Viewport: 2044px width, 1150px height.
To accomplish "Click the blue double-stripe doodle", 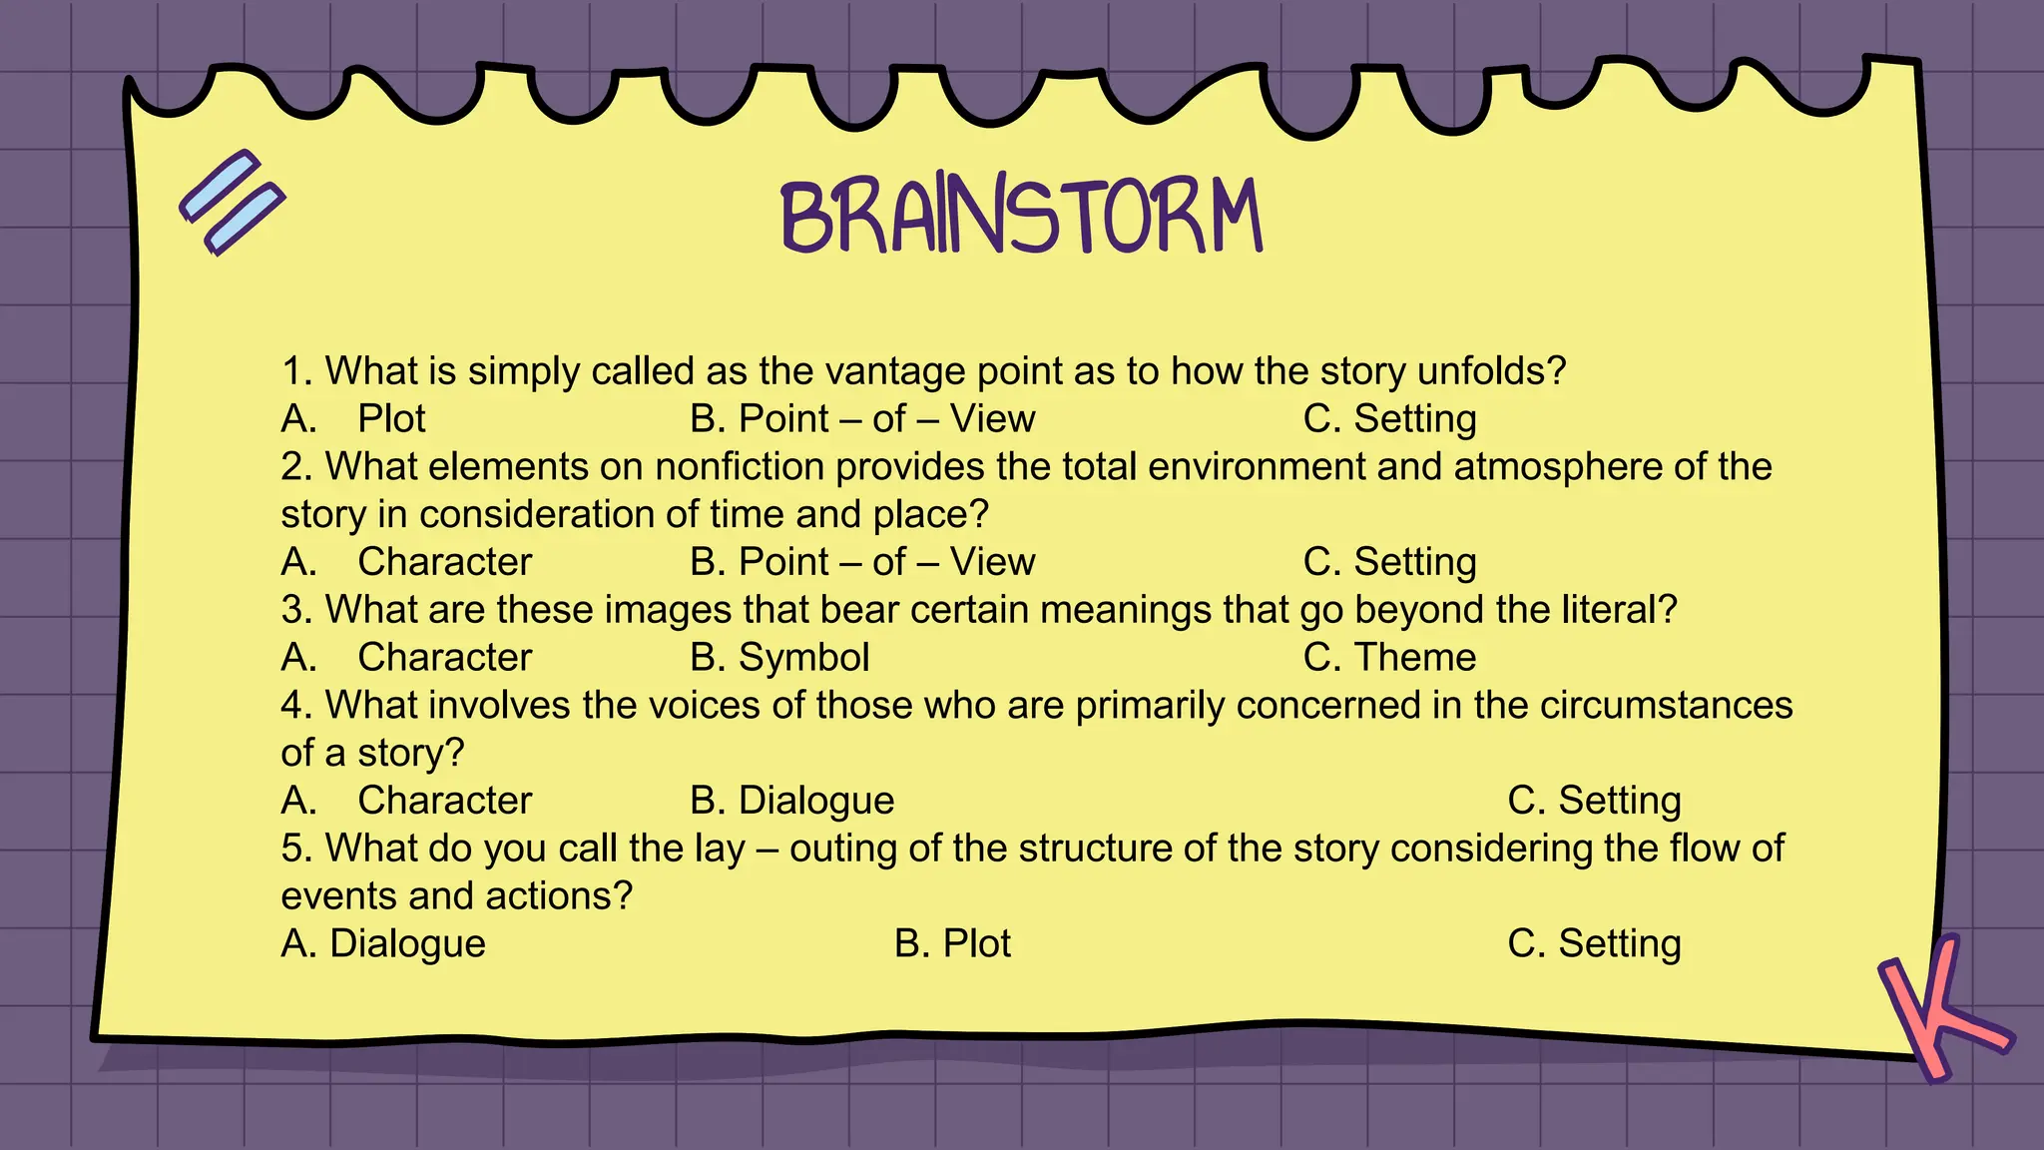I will [233, 203].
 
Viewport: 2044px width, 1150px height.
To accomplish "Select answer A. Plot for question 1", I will [353, 419].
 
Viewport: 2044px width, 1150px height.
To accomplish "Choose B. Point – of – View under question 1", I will [862, 419].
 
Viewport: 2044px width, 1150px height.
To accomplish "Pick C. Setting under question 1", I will [1389, 419].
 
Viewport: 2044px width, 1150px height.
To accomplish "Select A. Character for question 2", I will [406, 562].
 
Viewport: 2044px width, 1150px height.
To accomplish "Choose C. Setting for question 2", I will [1389, 562].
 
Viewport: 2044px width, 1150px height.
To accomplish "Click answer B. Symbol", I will [779, 658].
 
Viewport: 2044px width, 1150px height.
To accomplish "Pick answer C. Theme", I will [1389, 658].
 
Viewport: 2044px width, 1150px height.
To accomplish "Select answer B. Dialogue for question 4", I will [791, 801].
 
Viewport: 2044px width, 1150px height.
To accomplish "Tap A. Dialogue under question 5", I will [383, 943].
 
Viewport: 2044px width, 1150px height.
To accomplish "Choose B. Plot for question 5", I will [952, 943].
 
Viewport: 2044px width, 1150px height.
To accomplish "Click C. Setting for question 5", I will [1594, 943].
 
